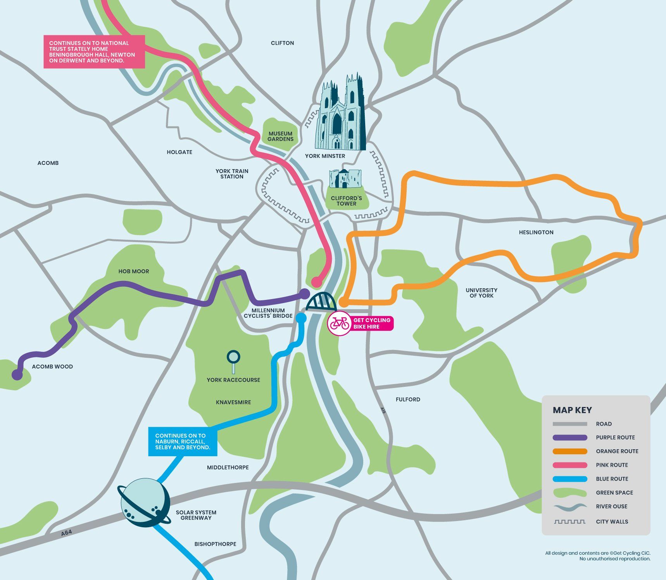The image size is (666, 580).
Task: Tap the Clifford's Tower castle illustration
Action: [x=345, y=178]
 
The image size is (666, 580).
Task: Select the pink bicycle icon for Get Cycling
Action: [x=340, y=323]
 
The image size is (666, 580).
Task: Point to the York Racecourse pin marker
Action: [x=233, y=359]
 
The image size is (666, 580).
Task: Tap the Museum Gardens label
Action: [x=280, y=136]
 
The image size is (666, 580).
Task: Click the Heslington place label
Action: [x=536, y=232]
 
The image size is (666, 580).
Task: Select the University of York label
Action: [x=481, y=293]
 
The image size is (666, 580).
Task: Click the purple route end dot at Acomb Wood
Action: [x=17, y=374]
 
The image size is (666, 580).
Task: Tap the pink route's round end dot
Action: [x=317, y=281]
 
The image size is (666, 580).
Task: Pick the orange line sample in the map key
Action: [x=570, y=451]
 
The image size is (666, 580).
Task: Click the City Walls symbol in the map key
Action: [x=570, y=522]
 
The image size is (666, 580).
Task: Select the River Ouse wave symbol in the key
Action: [x=570, y=507]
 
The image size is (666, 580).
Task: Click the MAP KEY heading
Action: [x=572, y=410]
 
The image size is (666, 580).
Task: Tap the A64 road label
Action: [x=66, y=533]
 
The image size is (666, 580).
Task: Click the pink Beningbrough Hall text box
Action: [x=94, y=52]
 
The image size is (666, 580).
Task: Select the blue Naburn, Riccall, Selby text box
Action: [x=183, y=441]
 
